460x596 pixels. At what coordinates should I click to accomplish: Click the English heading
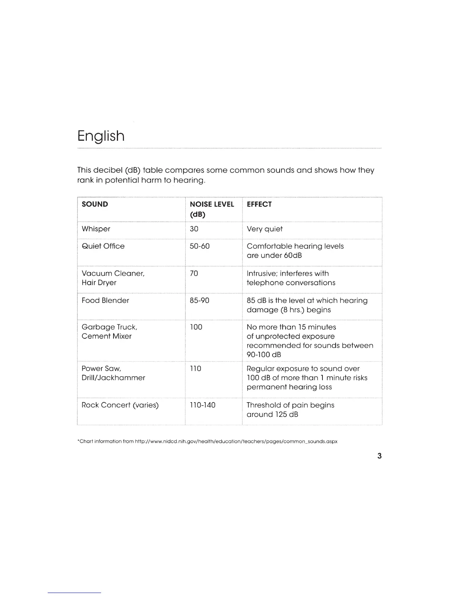coord(101,136)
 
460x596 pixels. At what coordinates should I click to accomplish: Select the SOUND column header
coord(95,204)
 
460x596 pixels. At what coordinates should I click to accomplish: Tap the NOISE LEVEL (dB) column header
coord(212,209)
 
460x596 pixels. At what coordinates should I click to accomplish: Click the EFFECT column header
coord(259,204)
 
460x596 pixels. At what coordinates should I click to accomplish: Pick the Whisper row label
coord(96,229)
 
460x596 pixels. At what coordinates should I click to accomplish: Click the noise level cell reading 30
coord(194,229)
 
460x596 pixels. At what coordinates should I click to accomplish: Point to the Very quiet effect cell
coord(265,229)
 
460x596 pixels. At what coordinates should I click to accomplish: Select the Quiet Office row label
coord(103,246)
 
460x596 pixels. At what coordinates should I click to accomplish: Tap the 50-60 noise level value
coord(200,246)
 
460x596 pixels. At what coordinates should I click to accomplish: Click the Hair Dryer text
coord(99,283)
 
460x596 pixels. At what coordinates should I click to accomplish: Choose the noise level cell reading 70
coord(194,274)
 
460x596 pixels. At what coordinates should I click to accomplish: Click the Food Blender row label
coord(105,301)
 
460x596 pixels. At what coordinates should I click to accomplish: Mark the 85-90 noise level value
coord(200,301)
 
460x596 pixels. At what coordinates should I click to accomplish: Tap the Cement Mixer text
coord(106,336)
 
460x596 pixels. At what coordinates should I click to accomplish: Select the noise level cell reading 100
coord(196,327)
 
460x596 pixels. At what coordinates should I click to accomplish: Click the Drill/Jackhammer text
coord(113,378)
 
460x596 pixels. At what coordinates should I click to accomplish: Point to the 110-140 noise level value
coord(203,405)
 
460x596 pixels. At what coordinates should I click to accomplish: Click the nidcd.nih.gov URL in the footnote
coord(236,441)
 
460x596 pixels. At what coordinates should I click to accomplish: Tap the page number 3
coord(379,456)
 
